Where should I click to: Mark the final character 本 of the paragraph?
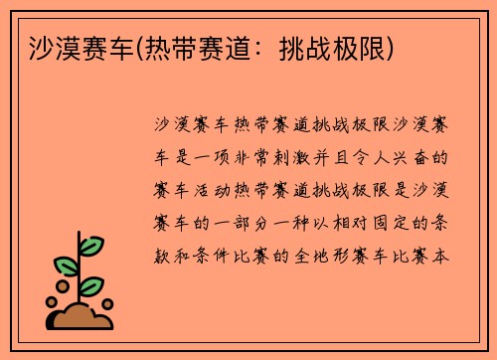coord(442,255)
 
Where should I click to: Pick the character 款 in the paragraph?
coord(163,255)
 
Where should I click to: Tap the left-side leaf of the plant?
coord(66,266)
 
